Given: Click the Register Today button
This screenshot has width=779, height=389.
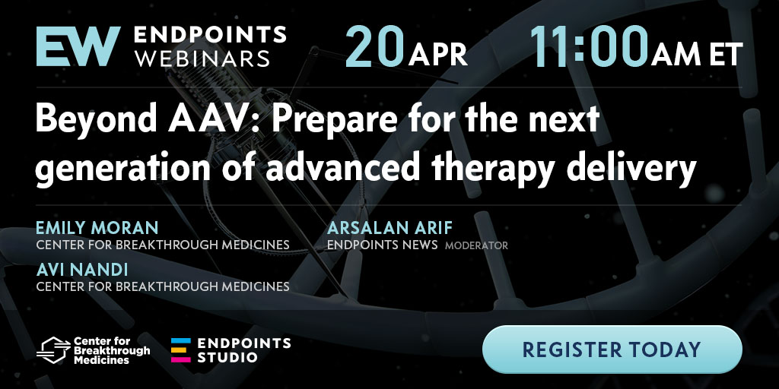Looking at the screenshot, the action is coord(612,349).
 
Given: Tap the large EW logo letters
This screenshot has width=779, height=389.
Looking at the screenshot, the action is coord(78,46).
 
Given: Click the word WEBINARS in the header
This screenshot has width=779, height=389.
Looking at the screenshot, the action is coord(202,59).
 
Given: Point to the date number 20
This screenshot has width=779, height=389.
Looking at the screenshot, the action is coord(374,46).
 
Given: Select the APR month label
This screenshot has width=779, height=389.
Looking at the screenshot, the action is coord(438,54).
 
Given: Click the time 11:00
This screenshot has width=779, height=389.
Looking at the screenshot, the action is coord(590,46).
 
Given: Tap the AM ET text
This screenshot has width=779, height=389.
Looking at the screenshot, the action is coord(697,54).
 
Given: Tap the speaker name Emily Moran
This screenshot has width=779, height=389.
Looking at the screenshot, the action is coord(97,228).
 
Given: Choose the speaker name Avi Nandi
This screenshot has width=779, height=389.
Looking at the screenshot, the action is coord(82,270).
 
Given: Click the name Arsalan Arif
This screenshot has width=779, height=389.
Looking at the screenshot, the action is coord(390,228).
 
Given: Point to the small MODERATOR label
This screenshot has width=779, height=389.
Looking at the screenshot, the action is coord(476,245).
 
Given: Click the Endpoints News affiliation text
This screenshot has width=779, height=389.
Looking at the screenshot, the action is coord(383,245).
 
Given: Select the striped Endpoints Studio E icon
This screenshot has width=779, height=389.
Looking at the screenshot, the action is coord(181,350).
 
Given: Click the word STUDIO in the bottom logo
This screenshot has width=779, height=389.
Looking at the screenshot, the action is coord(227,357).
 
